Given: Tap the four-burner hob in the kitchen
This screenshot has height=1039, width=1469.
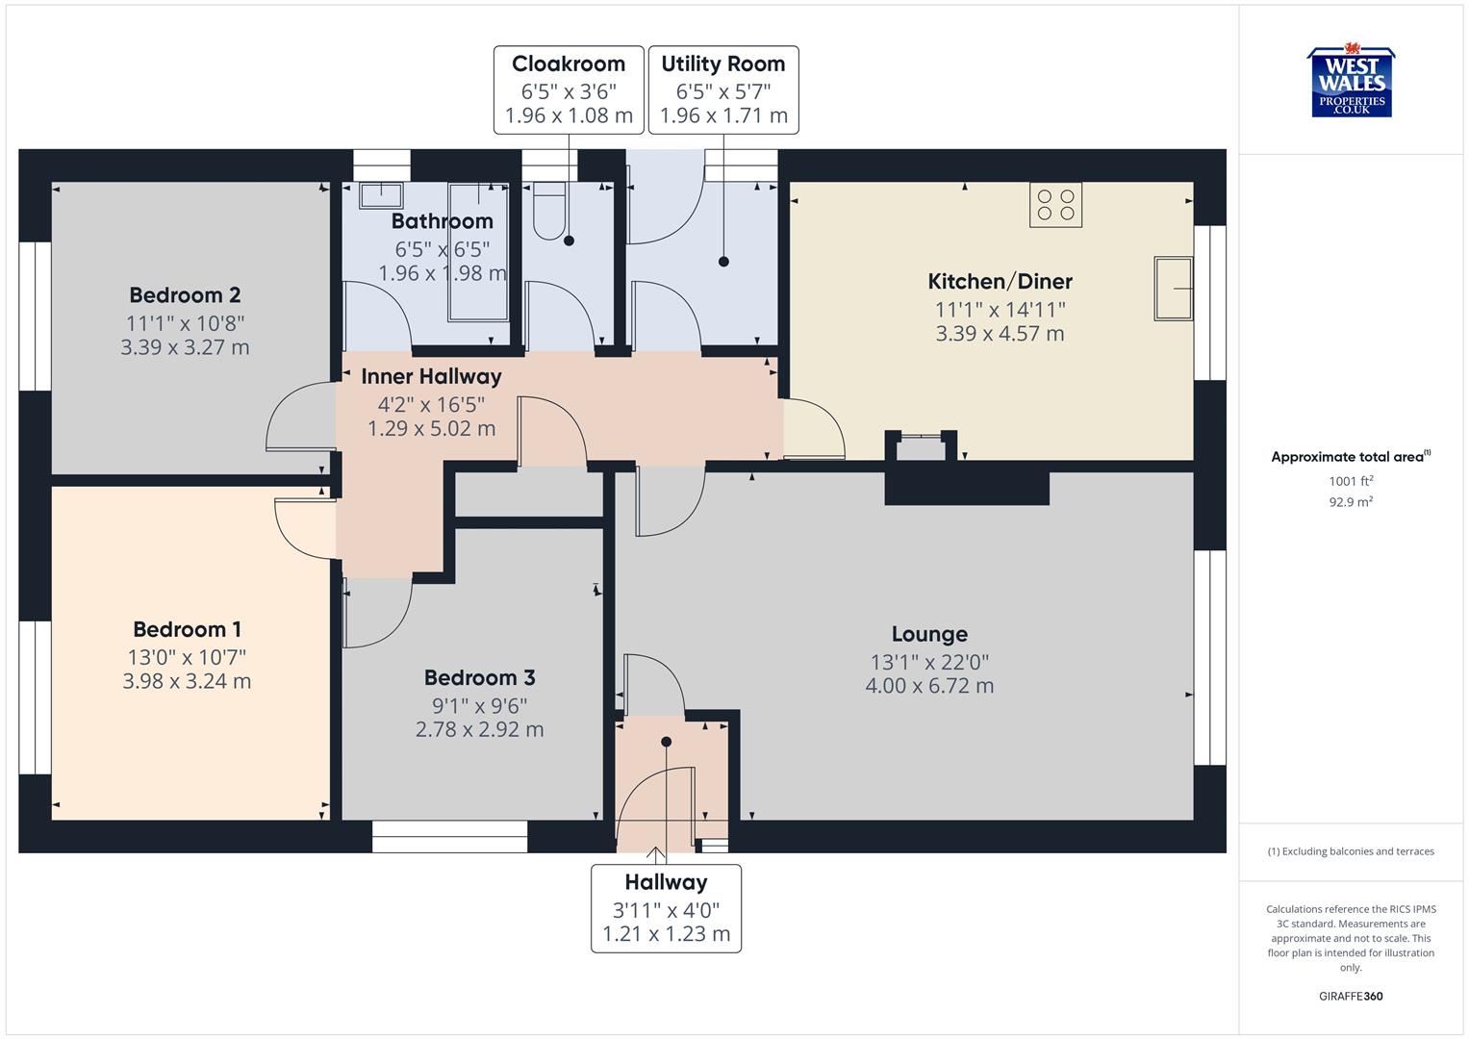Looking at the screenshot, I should pyautogui.click(x=1055, y=205).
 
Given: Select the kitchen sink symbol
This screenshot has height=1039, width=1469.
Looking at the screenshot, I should pyautogui.click(x=1174, y=288).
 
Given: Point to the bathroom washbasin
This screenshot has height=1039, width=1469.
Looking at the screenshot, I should pyautogui.click(x=381, y=195).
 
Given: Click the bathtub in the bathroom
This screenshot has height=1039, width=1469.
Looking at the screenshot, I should pyautogui.click(x=478, y=252).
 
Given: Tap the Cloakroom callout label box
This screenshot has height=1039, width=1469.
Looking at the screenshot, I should pyautogui.click(x=569, y=89).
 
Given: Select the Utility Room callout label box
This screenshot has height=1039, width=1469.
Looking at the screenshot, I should pyautogui.click(x=723, y=89).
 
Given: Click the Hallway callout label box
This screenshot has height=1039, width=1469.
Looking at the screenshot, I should pyautogui.click(x=666, y=908).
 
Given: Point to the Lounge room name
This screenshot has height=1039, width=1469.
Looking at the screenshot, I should pyautogui.click(x=929, y=634).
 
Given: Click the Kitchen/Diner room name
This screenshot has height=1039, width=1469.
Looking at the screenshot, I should pyautogui.click(x=1000, y=282).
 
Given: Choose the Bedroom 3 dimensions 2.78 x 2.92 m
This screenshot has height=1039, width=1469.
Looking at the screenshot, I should pyautogui.click(x=479, y=729).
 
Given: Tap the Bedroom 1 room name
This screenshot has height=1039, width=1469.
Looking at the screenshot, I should pyautogui.click(x=187, y=629).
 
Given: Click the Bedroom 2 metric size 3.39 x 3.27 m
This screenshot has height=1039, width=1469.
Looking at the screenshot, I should pyautogui.click(x=185, y=347).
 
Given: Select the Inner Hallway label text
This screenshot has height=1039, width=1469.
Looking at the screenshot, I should pyautogui.click(x=431, y=377).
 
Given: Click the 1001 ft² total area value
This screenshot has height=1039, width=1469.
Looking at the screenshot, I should pyautogui.click(x=1351, y=481).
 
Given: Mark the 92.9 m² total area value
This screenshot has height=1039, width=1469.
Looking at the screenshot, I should pyautogui.click(x=1351, y=501).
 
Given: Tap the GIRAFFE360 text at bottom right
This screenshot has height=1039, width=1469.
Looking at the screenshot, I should pyautogui.click(x=1351, y=996).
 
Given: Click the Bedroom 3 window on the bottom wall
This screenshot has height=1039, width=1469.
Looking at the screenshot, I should pyautogui.click(x=449, y=837).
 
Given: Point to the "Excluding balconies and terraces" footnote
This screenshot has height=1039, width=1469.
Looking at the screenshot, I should pyautogui.click(x=1351, y=851).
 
